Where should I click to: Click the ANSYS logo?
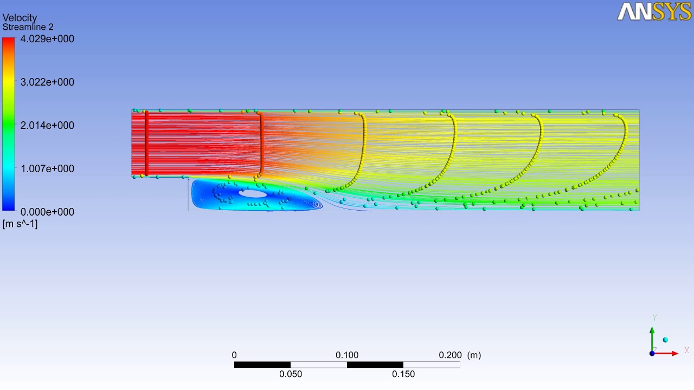(x=654, y=11)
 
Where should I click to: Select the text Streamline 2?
(x=28, y=27)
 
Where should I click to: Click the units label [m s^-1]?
(x=20, y=224)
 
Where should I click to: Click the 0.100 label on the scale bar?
(x=347, y=355)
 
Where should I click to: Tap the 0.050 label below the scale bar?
(x=291, y=374)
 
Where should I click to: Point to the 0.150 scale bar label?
(x=403, y=374)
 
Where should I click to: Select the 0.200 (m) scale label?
(x=459, y=355)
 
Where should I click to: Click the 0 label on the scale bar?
(x=234, y=355)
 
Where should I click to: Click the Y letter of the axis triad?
(x=654, y=317)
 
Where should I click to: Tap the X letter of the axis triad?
(x=686, y=350)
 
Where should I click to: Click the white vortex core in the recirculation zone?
(x=253, y=193)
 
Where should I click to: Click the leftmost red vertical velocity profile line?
(x=146, y=143)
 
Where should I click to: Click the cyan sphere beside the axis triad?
(x=665, y=340)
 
